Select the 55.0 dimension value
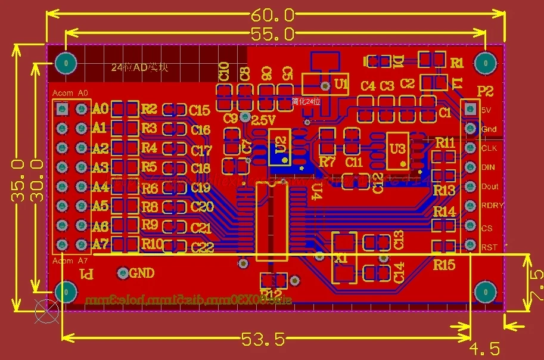(272, 34)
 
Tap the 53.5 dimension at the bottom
(263, 340)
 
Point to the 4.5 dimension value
(484, 348)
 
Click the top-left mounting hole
(66, 62)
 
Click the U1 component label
(341, 85)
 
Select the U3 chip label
(396, 147)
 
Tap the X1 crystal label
(341, 258)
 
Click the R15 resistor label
(444, 265)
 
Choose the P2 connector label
(486, 91)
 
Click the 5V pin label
(486, 110)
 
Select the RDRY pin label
(492, 206)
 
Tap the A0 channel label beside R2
(100, 109)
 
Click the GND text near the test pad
(142, 274)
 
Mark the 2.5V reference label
(263, 120)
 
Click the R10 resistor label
(152, 244)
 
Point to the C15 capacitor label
(200, 110)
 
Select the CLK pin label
(489, 148)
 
